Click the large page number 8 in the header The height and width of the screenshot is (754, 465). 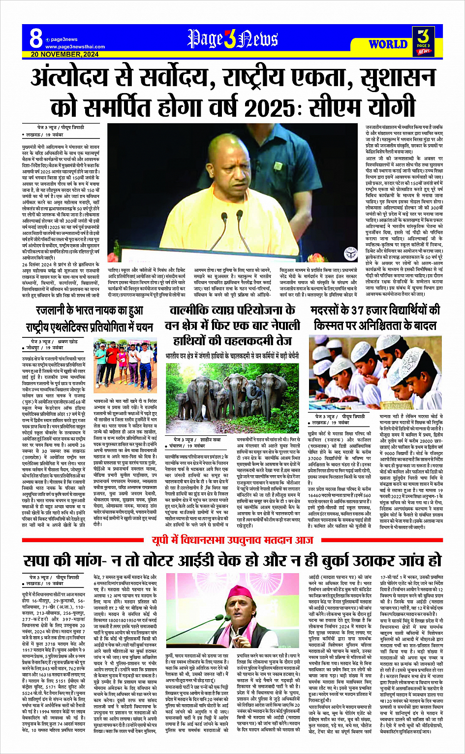point(35,38)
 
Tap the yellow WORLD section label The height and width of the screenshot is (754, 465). point(388,44)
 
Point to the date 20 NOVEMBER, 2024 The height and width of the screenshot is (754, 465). point(64,55)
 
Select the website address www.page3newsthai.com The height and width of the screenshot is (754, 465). point(75,47)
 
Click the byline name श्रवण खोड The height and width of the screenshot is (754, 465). point(67,341)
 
